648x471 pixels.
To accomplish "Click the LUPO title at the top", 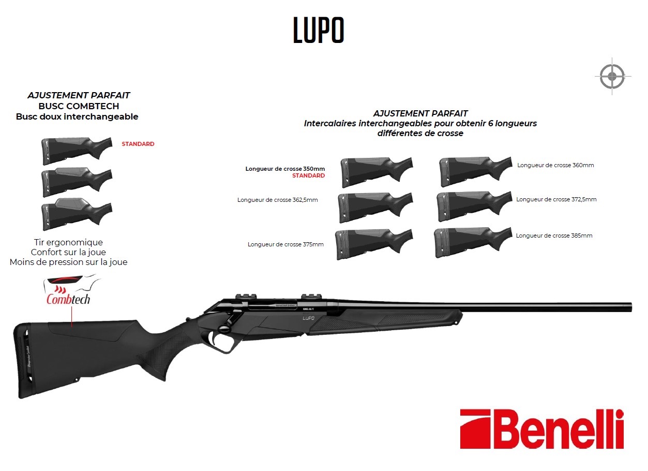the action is coord(319,30).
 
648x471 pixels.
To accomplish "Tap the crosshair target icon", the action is coord(612,77).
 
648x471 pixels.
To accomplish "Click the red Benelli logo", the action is coord(541,429).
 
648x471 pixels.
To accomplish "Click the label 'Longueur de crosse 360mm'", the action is coord(555,165).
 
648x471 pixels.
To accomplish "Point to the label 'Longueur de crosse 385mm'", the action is coord(554,236).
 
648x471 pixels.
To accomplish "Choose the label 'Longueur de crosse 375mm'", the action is coord(285,244).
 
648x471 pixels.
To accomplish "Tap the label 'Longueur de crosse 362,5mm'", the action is coord(277,200).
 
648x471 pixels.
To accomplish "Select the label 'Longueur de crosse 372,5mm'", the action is coord(556,199).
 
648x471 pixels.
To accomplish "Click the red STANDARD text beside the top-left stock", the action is coord(138,144).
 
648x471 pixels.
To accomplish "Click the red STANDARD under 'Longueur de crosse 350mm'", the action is coord(308,175).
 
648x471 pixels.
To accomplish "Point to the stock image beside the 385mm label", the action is coord(473,242).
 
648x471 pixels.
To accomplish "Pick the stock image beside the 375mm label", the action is coord(374,244).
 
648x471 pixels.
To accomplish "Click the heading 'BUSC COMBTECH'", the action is coord(79,106).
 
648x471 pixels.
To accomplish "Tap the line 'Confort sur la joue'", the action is coord(68,252).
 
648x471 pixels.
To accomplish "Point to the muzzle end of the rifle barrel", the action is coord(630,307).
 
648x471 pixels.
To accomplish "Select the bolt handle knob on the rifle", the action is coord(223,329).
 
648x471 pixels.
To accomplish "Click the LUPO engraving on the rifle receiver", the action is coord(308,318).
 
